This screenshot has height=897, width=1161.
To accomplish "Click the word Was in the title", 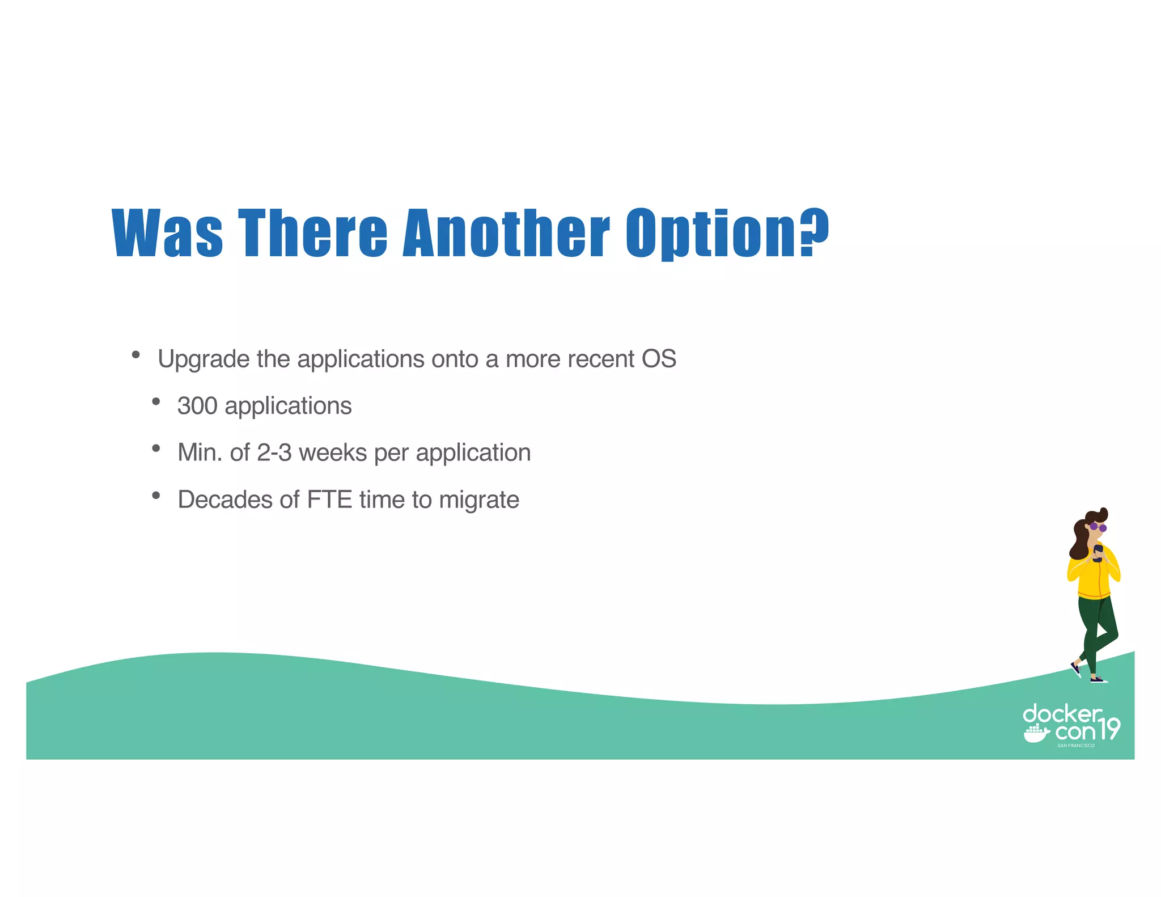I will pyautogui.click(x=167, y=233).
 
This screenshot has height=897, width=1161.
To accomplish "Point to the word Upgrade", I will pyautogui.click(x=204, y=359).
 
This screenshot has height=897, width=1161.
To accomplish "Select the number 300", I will pyautogui.click(x=197, y=406).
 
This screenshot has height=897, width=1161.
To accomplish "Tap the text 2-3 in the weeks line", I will pyautogui.click(x=274, y=453).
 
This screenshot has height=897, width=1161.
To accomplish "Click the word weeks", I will pyautogui.click(x=333, y=453).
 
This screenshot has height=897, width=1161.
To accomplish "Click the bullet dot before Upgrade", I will pyautogui.click(x=135, y=355).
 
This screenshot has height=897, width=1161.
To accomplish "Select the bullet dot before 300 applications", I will pyautogui.click(x=156, y=402).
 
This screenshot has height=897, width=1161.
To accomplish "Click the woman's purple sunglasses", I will pyautogui.click(x=1098, y=527).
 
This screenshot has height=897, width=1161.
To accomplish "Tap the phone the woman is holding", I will pyautogui.click(x=1098, y=552).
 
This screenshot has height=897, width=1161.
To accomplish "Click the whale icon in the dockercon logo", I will pyautogui.click(x=1036, y=734).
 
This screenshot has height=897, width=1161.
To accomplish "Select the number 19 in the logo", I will pyautogui.click(x=1109, y=729).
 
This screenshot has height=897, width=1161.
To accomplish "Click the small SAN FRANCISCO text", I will pyautogui.click(x=1076, y=746).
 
